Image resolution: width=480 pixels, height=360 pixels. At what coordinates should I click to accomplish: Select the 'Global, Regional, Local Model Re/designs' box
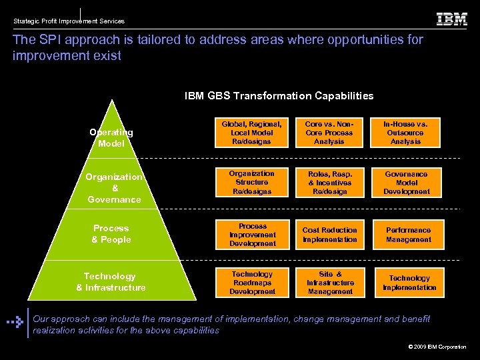pos(252,133)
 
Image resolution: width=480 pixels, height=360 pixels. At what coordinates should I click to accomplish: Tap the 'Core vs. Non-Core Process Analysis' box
pos(329,133)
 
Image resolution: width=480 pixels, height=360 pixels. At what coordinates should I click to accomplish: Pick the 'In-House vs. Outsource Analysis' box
pos(406,133)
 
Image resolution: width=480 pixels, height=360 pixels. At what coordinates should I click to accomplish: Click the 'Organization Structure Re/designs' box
pos(252,183)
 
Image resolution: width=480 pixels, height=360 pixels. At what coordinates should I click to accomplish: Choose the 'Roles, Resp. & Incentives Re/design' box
pos(329,183)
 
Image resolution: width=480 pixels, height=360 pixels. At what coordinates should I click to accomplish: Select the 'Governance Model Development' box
pos(406,183)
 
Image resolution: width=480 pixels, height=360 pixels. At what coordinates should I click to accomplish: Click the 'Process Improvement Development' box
pos(252,235)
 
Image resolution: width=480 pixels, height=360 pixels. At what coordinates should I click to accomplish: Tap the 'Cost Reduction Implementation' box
pos(329,235)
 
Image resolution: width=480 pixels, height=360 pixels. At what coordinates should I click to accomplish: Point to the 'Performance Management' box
pos(406,235)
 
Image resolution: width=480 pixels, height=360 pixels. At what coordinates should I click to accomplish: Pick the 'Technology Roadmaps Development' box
pos(252,283)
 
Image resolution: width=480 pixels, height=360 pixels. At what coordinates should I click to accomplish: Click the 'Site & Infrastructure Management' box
pos(329,283)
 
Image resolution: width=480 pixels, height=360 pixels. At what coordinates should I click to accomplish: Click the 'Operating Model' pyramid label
pos(111,138)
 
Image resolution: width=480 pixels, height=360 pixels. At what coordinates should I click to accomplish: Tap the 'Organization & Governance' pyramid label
pos(114,188)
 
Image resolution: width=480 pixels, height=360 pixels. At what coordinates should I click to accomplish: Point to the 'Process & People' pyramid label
pos(111,234)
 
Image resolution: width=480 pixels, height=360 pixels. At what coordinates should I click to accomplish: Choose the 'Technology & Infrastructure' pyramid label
pos(111,282)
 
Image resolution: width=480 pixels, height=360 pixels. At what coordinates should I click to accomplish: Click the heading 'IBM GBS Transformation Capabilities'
pos(279,96)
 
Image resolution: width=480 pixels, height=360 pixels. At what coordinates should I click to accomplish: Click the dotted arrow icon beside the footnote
pos(15,321)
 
